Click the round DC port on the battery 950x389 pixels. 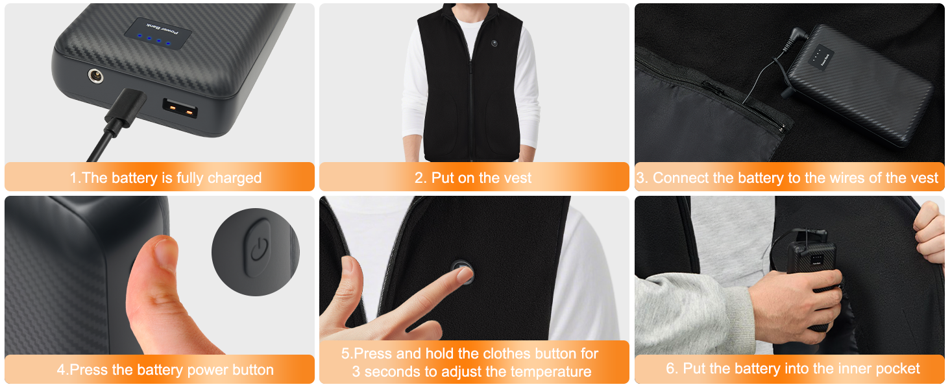pos(95,76)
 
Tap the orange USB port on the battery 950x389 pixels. pos(180,108)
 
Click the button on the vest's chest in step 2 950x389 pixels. pos(494,43)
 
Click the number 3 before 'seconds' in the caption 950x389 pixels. pos(356,371)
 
